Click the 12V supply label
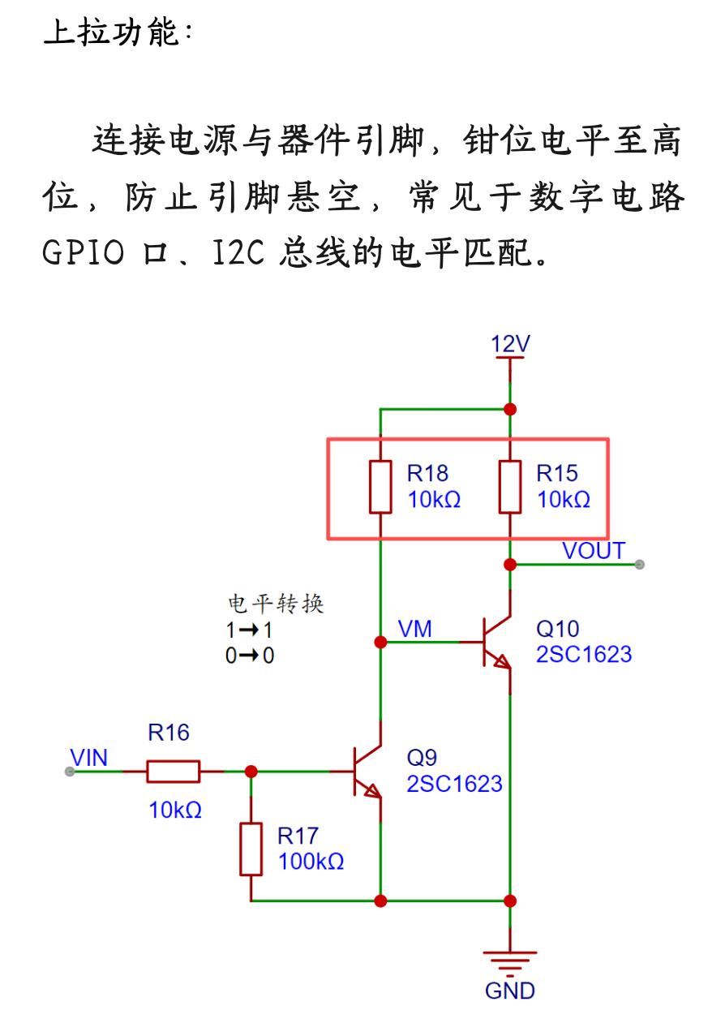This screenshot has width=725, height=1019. point(510,344)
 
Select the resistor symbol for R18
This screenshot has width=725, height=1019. point(380,487)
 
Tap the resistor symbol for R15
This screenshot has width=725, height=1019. point(510,487)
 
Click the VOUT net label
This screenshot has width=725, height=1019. point(594,551)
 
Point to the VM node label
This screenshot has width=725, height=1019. point(415,629)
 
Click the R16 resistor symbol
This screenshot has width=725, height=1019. point(173,771)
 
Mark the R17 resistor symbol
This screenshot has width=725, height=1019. point(251,849)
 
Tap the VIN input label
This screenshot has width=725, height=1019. point(88,758)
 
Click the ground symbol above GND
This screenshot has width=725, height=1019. point(510,962)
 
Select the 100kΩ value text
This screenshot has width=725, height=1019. point(311,862)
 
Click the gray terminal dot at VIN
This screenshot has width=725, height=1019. point(70,772)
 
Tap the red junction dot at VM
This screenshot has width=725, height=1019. point(380,642)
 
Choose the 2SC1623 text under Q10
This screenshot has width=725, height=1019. point(583,654)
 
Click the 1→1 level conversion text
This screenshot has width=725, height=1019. point(249,629)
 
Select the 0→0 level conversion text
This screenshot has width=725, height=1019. point(249,655)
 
